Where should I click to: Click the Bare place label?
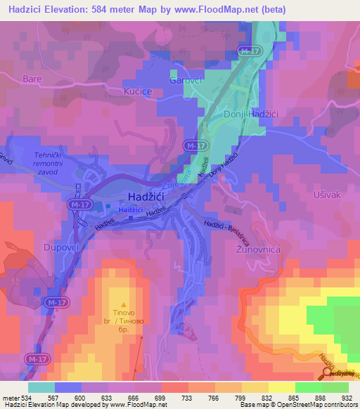pos(33,79)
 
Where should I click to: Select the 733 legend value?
pos(188,396)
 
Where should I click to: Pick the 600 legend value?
pos(82,396)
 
